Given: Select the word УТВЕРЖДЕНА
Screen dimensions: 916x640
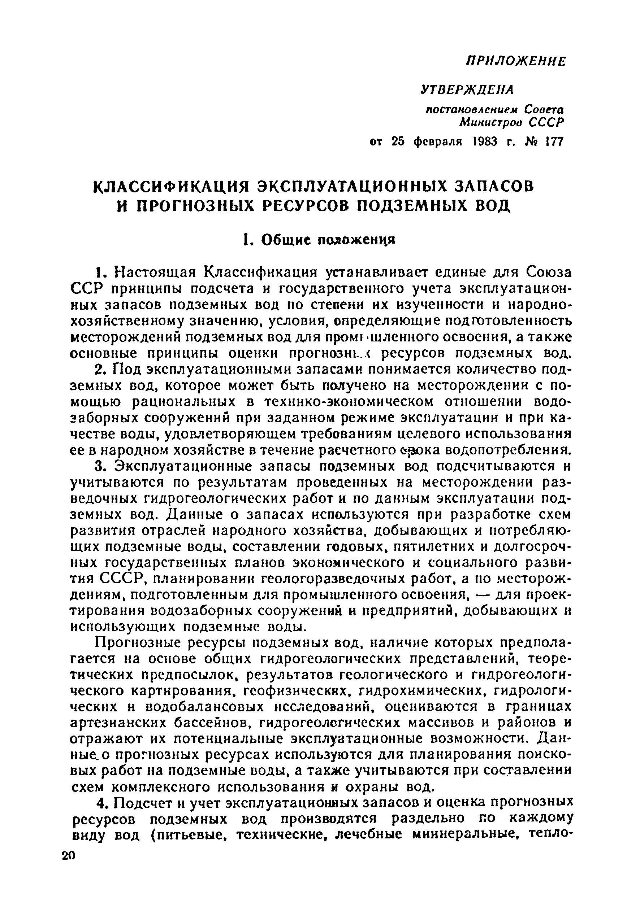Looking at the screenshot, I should [x=467, y=90].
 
